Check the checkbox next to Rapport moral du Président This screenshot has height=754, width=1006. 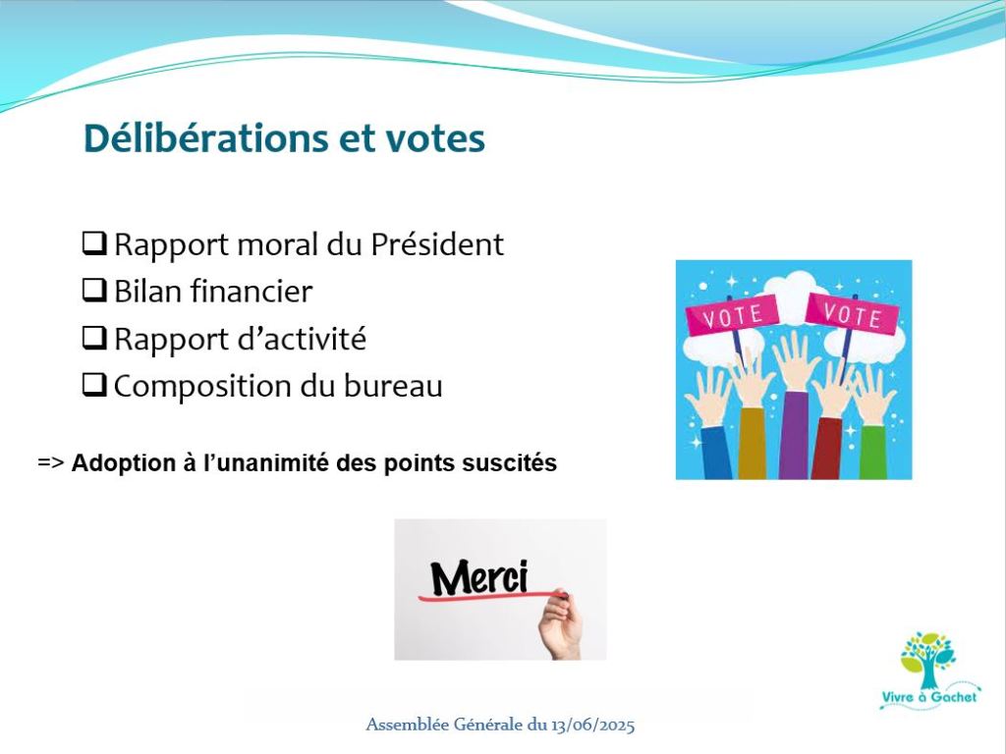tap(94, 243)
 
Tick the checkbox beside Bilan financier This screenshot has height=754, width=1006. tap(94, 291)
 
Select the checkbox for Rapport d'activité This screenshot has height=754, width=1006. tap(94, 338)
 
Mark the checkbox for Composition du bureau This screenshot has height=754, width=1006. tap(94, 385)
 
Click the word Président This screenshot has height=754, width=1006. tap(437, 244)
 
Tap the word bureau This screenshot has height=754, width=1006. tap(393, 386)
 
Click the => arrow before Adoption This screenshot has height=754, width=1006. tap(51, 463)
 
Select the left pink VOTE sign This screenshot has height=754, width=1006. tap(732, 315)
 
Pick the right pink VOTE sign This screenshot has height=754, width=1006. tap(852, 314)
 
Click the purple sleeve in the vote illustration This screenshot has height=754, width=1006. tap(794, 435)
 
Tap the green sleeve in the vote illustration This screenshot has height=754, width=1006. tap(873, 452)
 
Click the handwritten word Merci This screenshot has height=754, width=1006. tap(479, 577)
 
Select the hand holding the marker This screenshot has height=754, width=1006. tap(560, 624)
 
